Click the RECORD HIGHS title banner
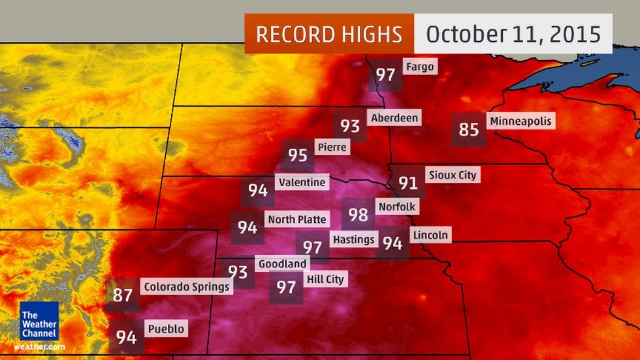329,34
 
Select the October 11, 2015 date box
513,34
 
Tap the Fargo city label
419,67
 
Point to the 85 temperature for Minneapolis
469,129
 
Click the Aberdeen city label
394,118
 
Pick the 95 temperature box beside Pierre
298,155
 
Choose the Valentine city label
301,182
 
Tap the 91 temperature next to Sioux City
408,183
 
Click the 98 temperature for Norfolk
358,214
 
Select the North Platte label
297,219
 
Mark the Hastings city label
353,239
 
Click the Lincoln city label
430,235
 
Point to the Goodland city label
282,263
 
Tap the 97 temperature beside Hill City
286,287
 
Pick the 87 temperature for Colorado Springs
123,295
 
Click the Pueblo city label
166,329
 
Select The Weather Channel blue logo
39,320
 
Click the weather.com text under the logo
39,346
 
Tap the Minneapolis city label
520,121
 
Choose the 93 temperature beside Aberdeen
350,126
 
